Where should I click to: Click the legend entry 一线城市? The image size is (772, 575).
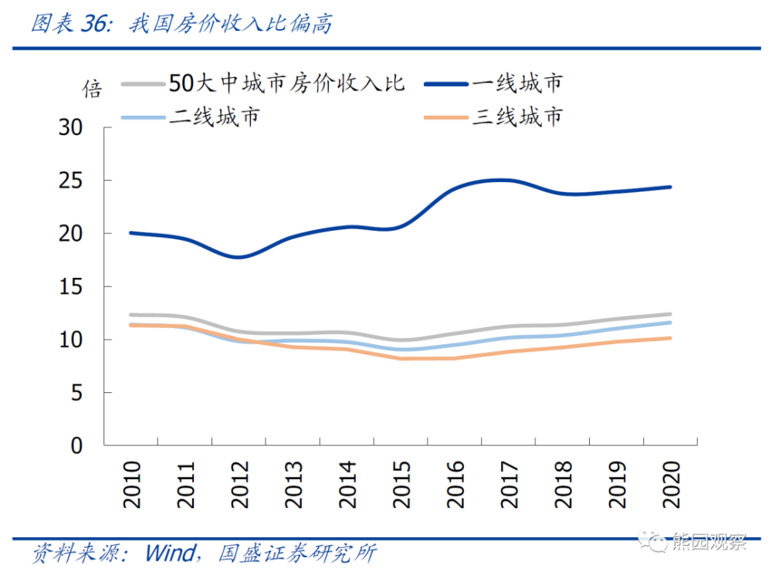coord(516,83)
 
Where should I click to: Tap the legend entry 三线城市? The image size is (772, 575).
coord(516,117)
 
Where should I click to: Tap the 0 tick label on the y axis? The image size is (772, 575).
coord(76,445)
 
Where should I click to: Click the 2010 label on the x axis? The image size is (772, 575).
coord(132,485)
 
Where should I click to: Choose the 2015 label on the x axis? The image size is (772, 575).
coord(401,485)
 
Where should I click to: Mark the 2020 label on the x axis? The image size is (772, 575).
coord(671,485)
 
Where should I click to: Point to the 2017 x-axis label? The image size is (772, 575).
coord(510,485)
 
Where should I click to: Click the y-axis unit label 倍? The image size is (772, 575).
coord(92,90)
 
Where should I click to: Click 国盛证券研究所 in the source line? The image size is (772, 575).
coord(297,553)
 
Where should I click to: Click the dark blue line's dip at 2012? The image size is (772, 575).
coord(239,257)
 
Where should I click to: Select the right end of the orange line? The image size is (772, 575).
coord(670,338)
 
